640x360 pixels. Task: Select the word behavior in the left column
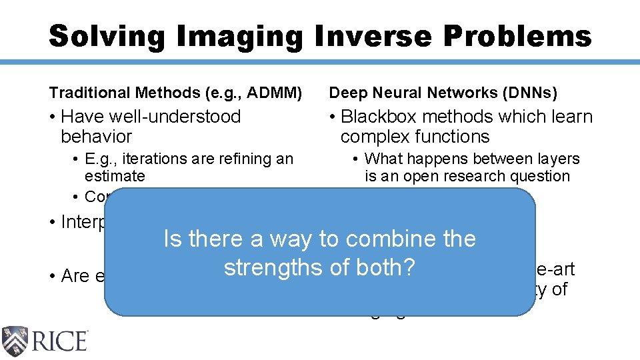[x=96, y=137]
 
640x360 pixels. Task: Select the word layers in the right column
[x=559, y=159]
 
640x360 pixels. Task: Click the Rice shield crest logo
[x=15, y=341]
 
